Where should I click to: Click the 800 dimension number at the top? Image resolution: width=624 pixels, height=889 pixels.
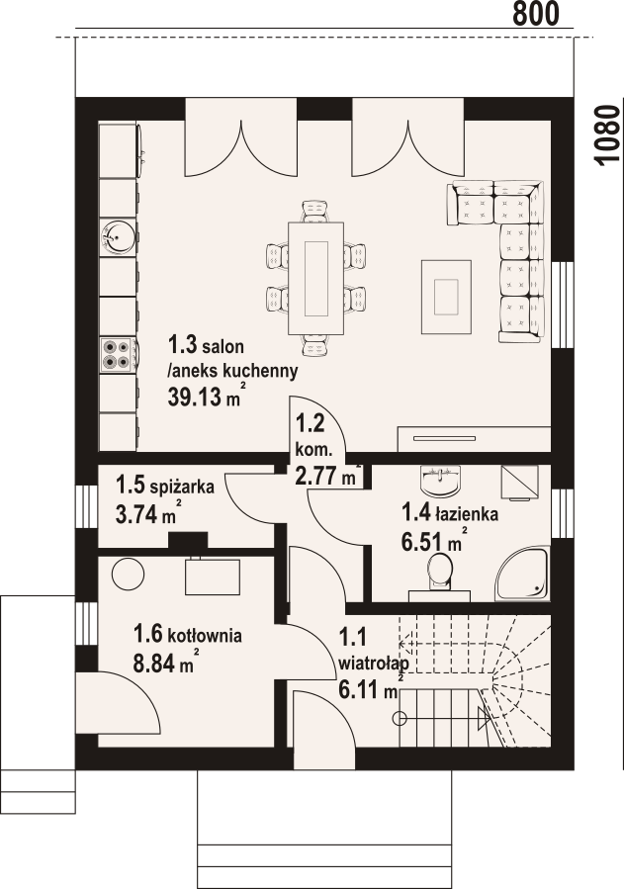pos(536,14)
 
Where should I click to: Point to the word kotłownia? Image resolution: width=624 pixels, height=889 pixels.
pos(205,636)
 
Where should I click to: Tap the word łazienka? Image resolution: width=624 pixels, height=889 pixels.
pos(467,514)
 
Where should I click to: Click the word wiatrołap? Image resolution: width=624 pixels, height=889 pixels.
pos(373,663)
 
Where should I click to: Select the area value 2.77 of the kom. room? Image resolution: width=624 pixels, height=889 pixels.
pos(314,475)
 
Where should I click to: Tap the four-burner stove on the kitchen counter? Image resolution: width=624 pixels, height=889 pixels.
pos(119,355)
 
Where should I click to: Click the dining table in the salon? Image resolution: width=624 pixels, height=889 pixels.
pos(316,279)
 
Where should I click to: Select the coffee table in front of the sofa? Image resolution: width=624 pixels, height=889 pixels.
pos(446,297)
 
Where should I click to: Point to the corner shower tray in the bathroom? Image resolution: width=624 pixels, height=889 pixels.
pos(523,574)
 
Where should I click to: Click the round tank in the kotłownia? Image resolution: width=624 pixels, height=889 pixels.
pos(129,574)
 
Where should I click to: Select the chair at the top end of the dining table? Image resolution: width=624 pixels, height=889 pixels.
pos(316,212)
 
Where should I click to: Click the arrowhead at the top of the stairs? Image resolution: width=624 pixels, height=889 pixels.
pos(402,644)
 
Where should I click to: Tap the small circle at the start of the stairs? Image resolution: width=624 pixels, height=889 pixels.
pos(401,718)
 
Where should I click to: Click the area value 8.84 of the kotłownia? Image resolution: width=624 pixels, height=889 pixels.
pos(153,664)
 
